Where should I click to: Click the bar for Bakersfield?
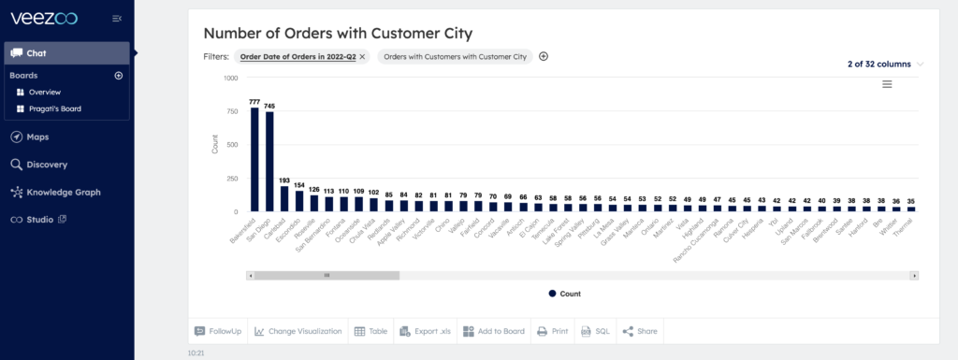(x=254, y=159)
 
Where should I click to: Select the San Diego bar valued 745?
(x=269, y=161)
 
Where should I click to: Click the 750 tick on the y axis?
(x=229, y=111)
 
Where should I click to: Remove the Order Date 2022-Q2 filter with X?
(x=363, y=56)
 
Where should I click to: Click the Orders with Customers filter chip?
(x=455, y=56)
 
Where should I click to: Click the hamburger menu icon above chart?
(x=887, y=84)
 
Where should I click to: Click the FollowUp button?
(x=218, y=331)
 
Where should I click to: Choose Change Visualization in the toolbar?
(x=298, y=331)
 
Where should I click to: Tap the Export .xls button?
(x=426, y=331)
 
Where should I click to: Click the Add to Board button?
(x=493, y=331)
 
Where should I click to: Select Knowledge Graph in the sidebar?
(x=63, y=193)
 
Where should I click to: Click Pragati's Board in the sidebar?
(x=54, y=108)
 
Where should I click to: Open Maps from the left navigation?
(x=37, y=137)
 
